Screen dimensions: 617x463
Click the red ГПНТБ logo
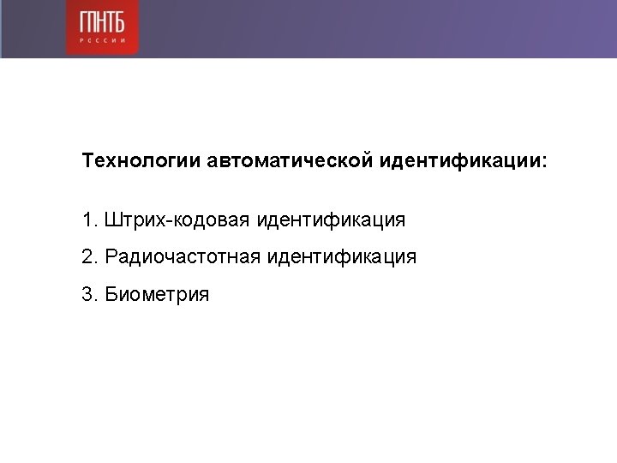102,27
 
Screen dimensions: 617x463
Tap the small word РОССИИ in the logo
102,40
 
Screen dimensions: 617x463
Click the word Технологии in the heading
141,160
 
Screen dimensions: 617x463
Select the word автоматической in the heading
290,160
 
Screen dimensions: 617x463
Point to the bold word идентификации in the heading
459,161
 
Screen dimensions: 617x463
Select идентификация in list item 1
331,220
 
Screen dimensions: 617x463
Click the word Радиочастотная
183,256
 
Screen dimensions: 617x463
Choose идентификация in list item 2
342,257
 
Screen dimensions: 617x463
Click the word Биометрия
157,295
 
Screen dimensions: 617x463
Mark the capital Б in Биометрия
111,294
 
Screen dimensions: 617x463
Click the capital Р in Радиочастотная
111,256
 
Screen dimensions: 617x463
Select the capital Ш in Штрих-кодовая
113,219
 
